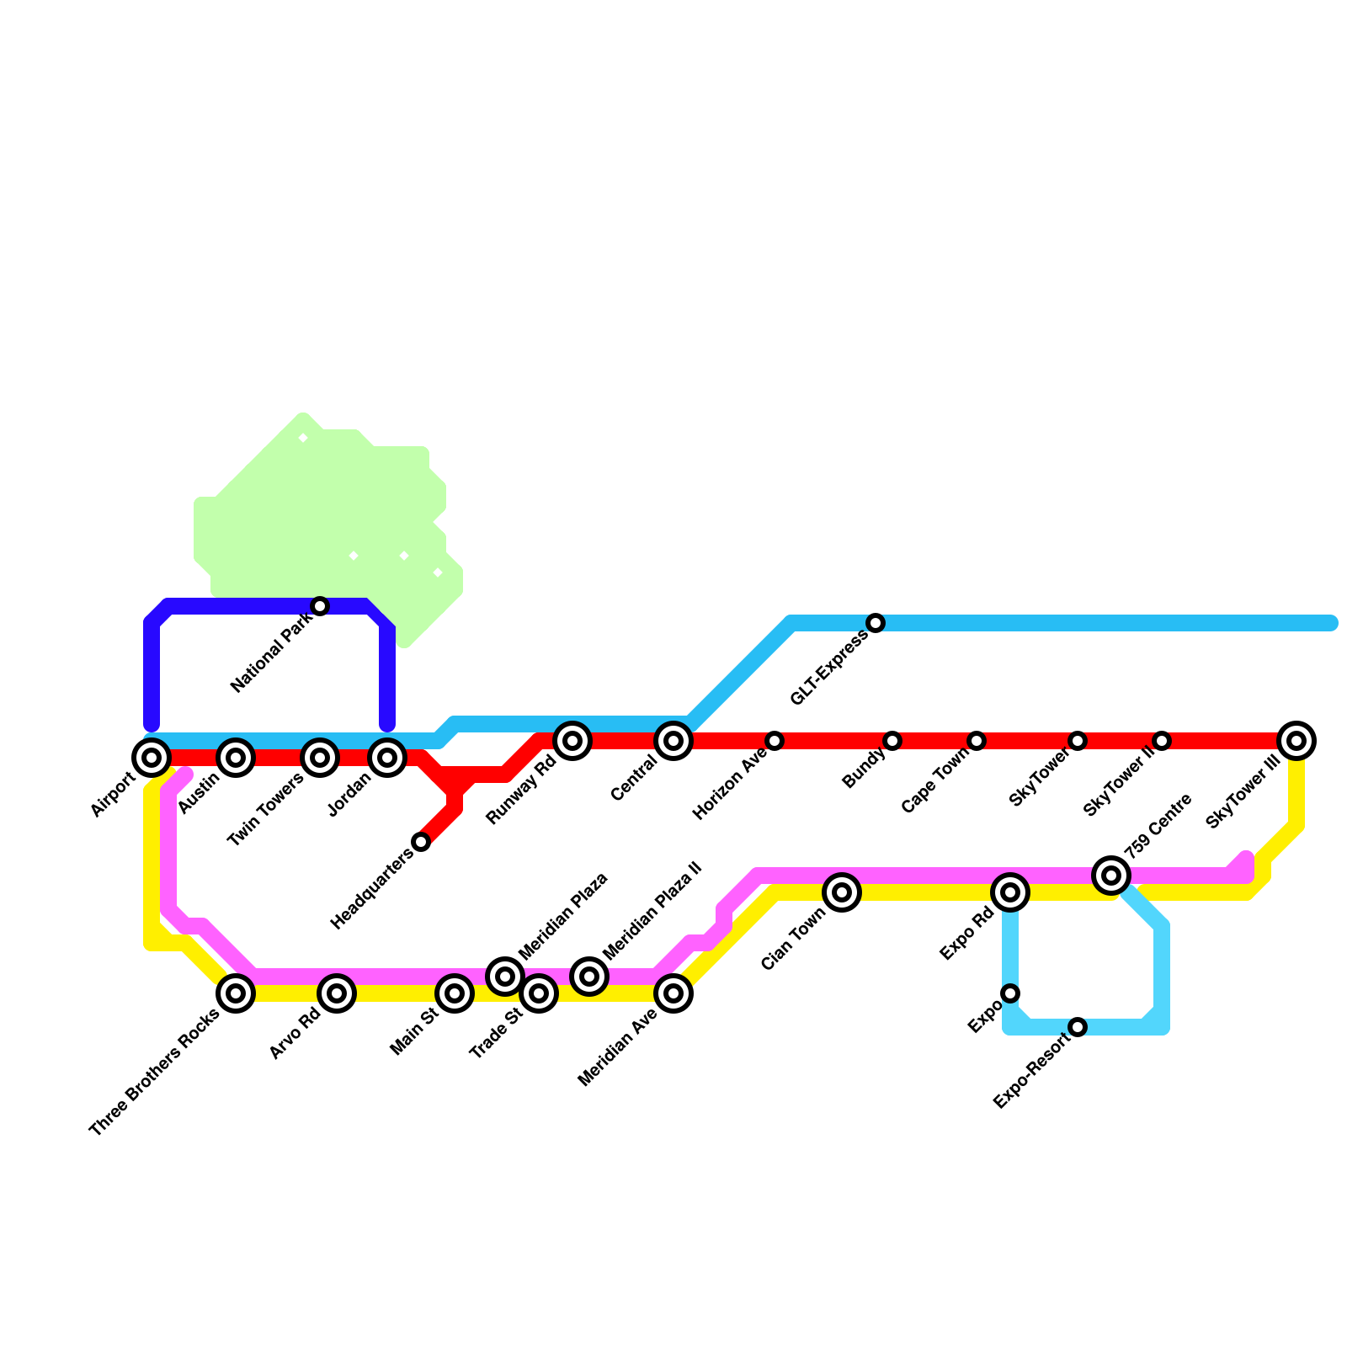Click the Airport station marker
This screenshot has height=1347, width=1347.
(x=152, y=758)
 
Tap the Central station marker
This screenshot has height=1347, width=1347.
(x=673, y=741)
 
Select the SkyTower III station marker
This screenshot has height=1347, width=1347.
(x=1296, y=741)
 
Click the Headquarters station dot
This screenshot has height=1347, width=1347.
(x=421, y=842)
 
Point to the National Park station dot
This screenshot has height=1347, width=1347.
(x=320, y=606)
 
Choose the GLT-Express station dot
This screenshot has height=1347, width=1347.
(x=876, y=623)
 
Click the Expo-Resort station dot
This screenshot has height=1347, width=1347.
(x=1078, y=1027)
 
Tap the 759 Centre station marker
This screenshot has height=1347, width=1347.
(x=1111, y=876)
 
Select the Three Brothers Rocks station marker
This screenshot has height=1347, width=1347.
(x=236, y=993)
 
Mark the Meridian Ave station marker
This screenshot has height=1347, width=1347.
(x=673, y=993)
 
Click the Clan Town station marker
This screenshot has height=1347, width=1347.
(x=842, y=892)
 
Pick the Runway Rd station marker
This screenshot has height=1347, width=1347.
(x=572, y=741)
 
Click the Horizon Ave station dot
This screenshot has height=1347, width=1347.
(x=775, y=741)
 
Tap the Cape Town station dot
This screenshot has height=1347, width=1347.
(x=977, y=741)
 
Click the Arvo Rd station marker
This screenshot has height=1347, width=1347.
(x=337, y=993)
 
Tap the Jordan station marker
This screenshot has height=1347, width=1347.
(x=387, y=758)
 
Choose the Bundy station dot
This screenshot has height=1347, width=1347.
(x=892, y=741)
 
